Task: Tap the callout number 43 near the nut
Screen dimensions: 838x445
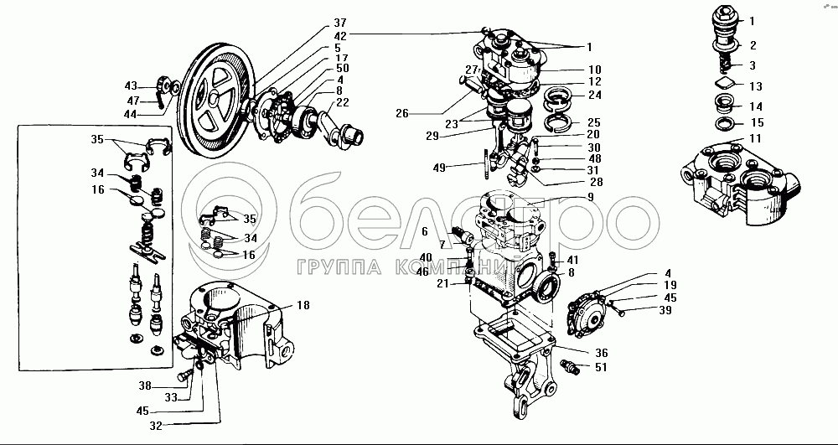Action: pyautogui.click(x=131, y=86)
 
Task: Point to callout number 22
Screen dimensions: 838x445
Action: pyautogui.click(x=342, y=103)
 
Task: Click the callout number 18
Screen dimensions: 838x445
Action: pyautogui.click(x=303, y=306)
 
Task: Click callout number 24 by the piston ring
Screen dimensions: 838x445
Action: pyautogui.click(x=594, y=95)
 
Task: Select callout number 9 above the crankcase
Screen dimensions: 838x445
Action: pyautogui.click(x=590, y=198)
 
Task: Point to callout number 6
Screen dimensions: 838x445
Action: pyautogui.click(x=425, y=230)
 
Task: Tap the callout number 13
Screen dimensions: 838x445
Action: pyautogui.click(x=754, y=85)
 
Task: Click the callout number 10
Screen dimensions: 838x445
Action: pyautogui.click(x=594, y=70)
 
